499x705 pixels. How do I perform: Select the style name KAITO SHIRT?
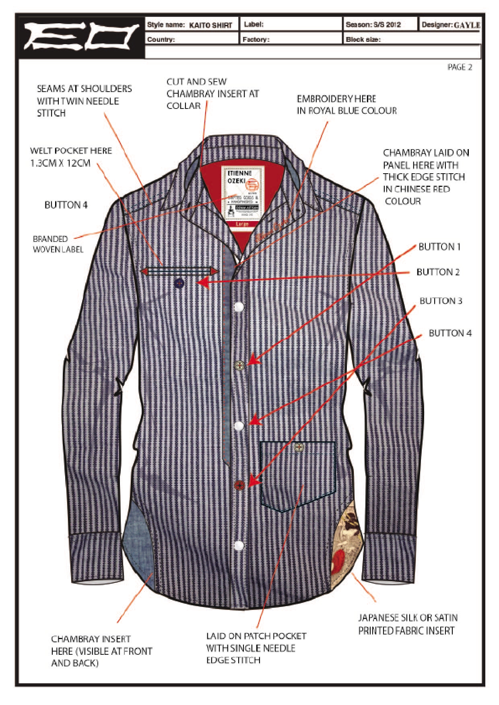click(210, 25)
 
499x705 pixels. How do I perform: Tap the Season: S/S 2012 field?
click(373, 25)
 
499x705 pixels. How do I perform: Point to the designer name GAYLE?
click(467, 25)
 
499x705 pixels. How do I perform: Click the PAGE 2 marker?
click(460, 68)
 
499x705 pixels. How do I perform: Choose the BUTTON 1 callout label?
click(439, 247)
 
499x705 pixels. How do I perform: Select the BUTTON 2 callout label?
click(438, 272)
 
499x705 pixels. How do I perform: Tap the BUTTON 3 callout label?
click(441, 301)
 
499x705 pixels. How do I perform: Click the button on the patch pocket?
click(299, 447)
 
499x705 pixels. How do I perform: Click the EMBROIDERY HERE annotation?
click(346, 105)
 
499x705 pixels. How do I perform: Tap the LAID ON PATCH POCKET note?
click(256, 648)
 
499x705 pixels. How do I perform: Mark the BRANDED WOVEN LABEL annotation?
click(58, 244)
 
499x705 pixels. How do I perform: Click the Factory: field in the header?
click(291, 39)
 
